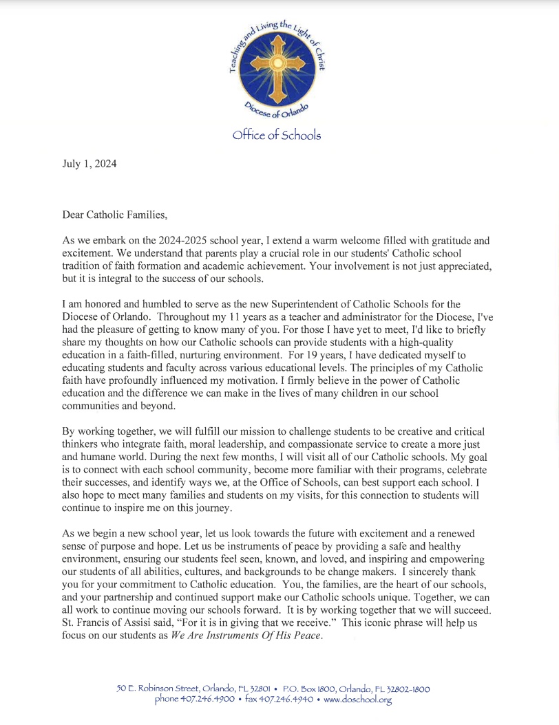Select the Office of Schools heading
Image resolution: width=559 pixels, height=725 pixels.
pyautogui.click(x=277, y=135)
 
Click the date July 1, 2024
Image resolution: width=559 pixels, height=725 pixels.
pyautogui.click(x=89, y=164)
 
